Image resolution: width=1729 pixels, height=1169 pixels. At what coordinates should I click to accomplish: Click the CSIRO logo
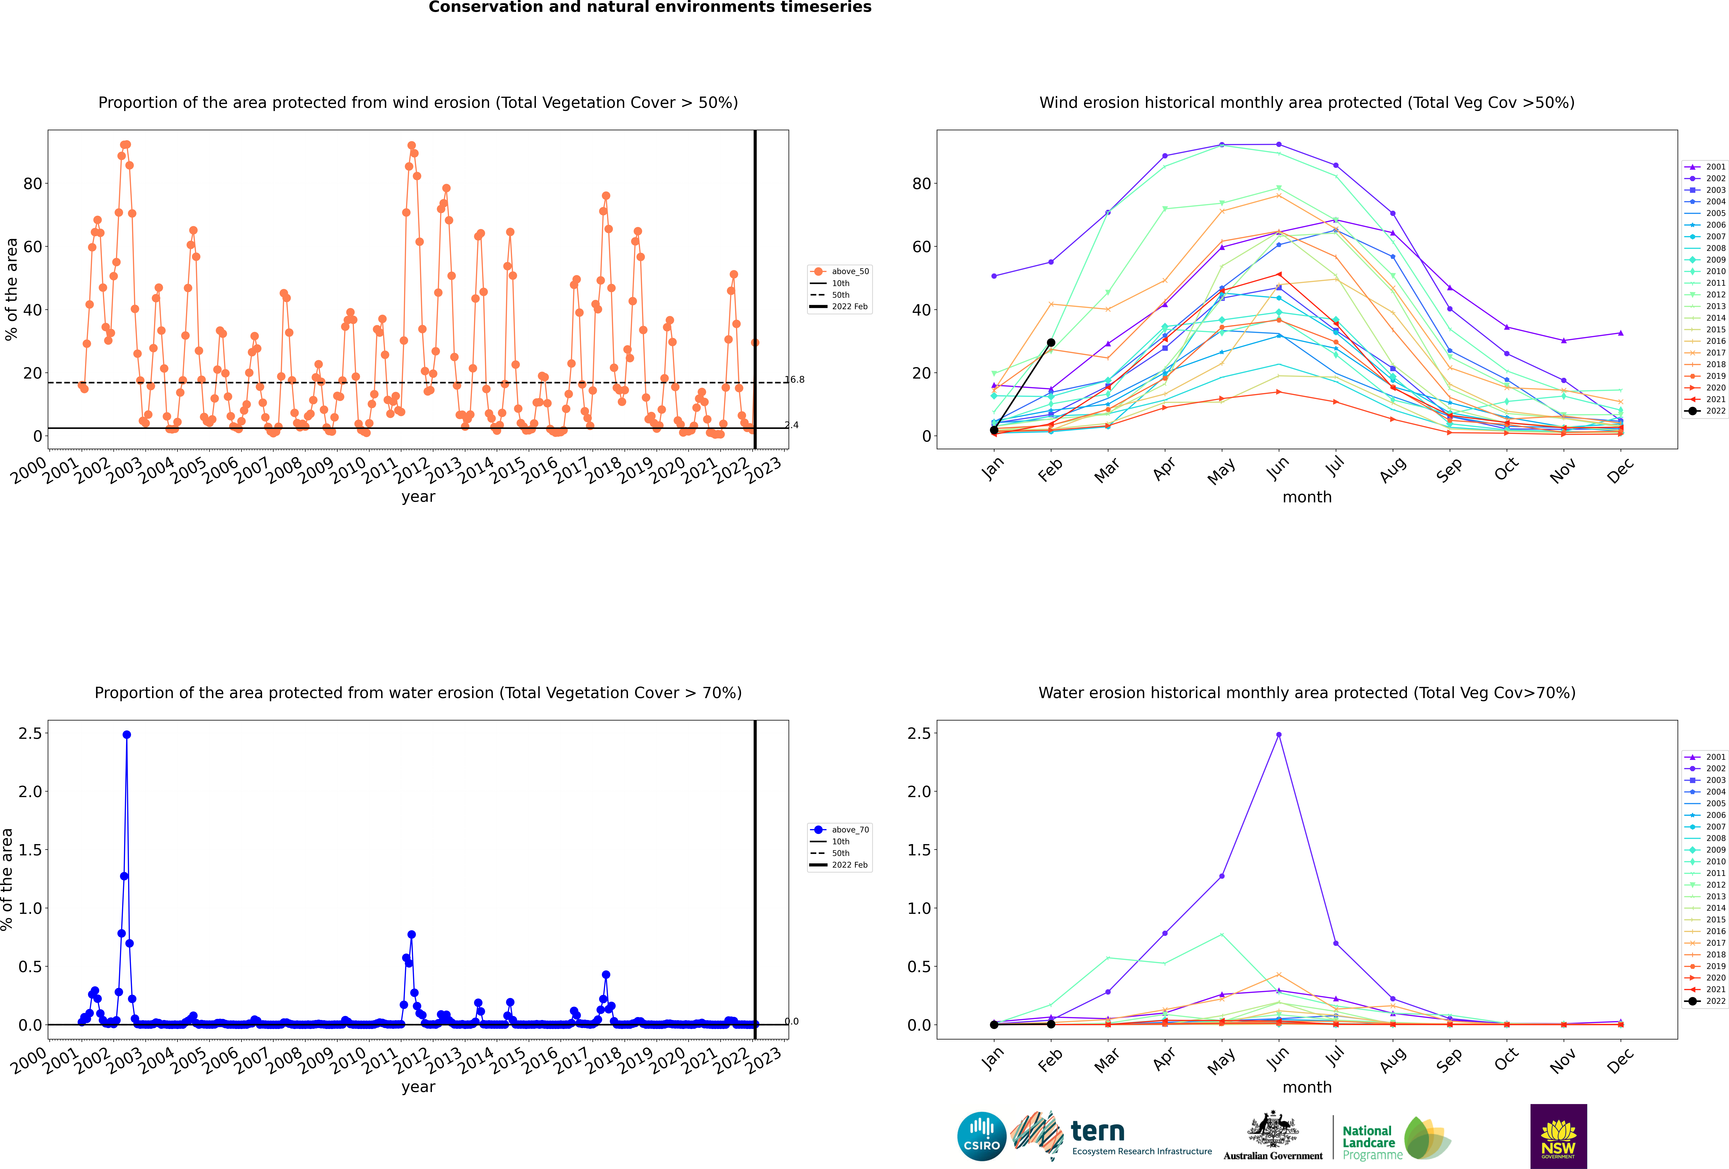click(x=981, y=1136)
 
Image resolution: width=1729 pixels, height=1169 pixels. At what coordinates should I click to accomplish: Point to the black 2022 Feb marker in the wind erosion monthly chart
click(x=1050, y=343)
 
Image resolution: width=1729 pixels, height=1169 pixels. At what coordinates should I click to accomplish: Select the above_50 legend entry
click(x=839, y=272)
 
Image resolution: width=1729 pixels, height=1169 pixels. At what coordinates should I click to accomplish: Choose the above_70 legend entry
click(x=839, y=830)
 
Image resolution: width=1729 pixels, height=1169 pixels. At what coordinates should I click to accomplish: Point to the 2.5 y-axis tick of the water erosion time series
click(x=31, y=734)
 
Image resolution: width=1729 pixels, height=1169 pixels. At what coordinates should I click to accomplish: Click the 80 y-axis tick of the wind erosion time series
click(x=33, y=183)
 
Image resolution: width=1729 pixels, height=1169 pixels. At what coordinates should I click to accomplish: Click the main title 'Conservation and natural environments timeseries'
click(x=649, y=7)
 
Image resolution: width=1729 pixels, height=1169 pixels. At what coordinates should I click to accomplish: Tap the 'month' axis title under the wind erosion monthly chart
click(x=1307, y=497)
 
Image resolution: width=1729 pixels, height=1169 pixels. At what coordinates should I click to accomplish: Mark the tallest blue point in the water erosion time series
click(x=127, y=734)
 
